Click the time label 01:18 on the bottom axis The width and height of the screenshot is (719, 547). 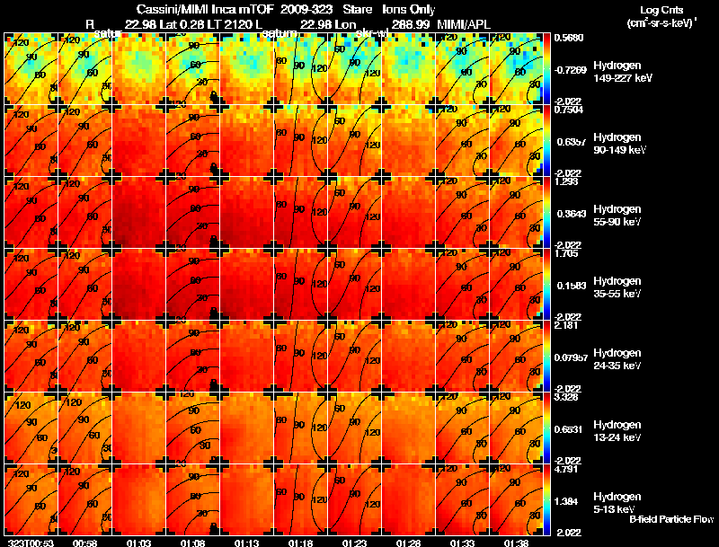[x=300, y=543]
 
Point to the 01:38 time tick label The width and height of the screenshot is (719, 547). [x=516, y=543]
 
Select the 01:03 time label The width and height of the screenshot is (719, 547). [x=138, y=543]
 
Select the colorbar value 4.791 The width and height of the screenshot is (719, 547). [x=567, y=469]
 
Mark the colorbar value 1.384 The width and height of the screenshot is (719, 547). [x=567, y=498]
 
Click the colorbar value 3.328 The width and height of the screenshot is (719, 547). [x=567, y=397]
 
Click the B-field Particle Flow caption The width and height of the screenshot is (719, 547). [x=671, y=520]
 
